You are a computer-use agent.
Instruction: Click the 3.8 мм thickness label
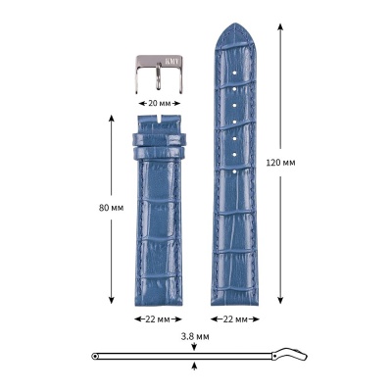(195, 335)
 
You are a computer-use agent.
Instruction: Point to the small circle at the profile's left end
(94, 355)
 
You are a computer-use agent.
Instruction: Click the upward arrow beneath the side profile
(196, 366)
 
